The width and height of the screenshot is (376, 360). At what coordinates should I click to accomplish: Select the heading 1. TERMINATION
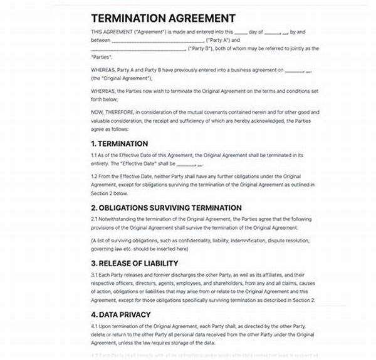point(119,143)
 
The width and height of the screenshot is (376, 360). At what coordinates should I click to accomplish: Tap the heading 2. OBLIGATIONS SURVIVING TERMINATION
point(166,207)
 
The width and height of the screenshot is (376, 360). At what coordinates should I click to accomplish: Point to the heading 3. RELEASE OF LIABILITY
point(134,263)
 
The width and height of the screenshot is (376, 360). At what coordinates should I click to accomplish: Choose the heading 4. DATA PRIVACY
point(120,314)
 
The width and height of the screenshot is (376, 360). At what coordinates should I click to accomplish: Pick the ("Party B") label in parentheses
point(202,48)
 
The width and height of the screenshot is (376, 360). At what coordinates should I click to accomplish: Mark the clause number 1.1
point(95,154)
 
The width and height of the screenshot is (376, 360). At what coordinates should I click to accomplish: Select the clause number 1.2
point(95,176)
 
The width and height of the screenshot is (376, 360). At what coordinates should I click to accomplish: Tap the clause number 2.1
point(95,219)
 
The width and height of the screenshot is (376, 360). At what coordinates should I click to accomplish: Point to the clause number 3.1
point(95,274)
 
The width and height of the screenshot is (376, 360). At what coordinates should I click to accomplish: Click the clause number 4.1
point(95,326)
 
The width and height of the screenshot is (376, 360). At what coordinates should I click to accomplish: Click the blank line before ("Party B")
point(138,49)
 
